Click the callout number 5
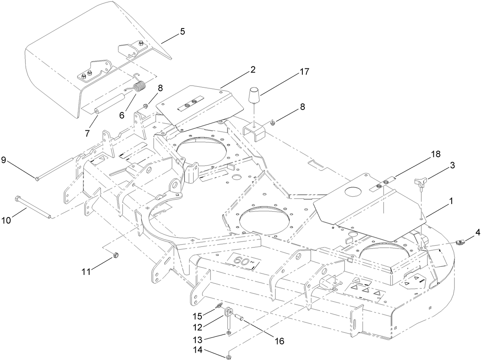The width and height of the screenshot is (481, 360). point(182,31)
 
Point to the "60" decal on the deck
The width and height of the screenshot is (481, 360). point(243,261)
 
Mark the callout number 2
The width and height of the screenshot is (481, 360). point(253,70)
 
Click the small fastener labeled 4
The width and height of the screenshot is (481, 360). point(461,243)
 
